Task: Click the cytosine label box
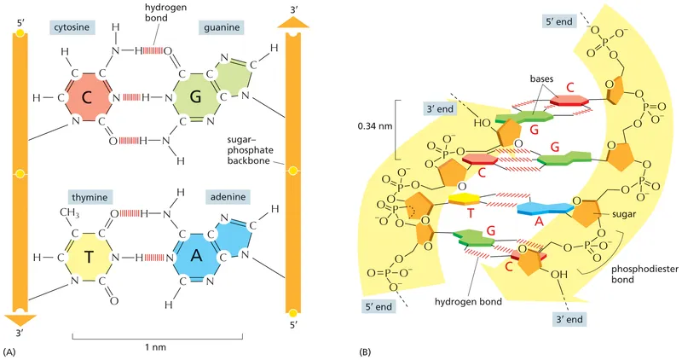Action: [x=72, y=28]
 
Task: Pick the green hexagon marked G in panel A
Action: [x=195, y=98]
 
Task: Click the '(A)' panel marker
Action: [x=9, y=351]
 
